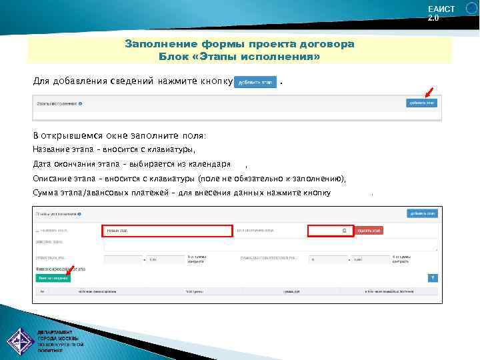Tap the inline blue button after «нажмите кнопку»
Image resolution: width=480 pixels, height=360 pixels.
[255, 82]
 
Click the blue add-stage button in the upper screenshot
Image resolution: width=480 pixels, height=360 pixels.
[421, 103]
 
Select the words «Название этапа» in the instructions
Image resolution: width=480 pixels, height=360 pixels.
[63, 149]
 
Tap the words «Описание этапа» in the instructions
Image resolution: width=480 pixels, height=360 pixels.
[63, 179]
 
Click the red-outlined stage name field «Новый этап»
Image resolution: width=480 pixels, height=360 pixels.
[166, 231]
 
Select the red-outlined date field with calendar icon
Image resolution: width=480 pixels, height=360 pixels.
[330, 231]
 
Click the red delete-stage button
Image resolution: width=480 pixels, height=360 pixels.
[369, 231]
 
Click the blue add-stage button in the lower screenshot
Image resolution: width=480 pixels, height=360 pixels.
[421, 213]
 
